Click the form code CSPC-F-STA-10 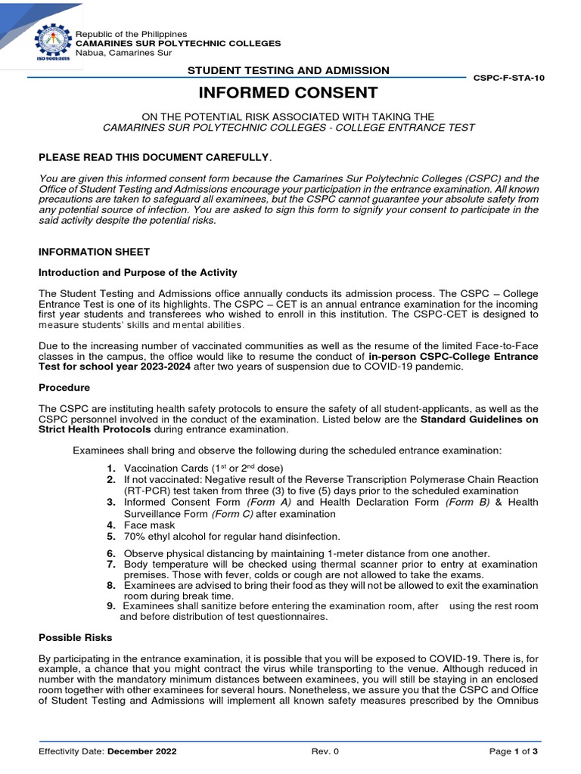[508, 78]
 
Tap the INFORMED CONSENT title [287, 93]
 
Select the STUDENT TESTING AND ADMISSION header [288, 70]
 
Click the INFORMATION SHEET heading [94, 252]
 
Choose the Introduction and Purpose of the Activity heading [138, 272]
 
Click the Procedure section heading [64, 387]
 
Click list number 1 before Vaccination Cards [110, 469]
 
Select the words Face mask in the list [149, 525]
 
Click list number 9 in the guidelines [110, 606]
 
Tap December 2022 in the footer [141, 751]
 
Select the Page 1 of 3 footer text [513, 751]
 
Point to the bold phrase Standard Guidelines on [479, 419]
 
